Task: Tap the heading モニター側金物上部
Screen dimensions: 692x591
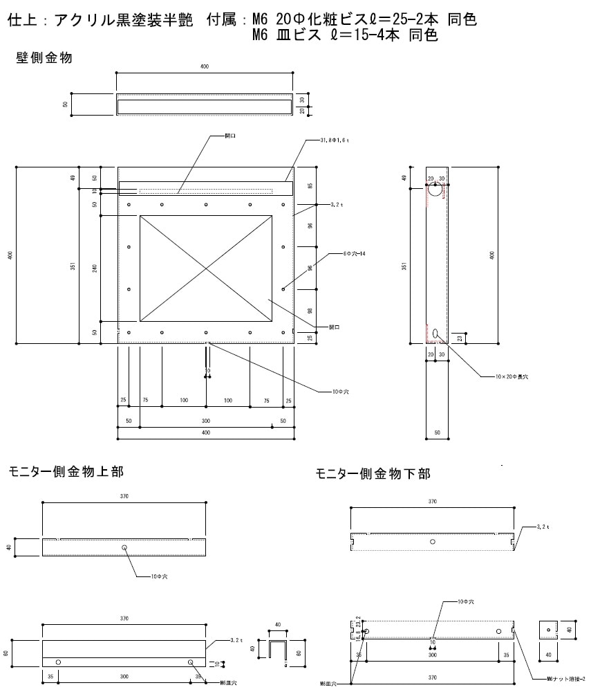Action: (66, 472)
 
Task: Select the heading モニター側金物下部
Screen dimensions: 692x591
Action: (373, 474)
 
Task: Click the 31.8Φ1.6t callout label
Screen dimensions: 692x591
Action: (335, 140)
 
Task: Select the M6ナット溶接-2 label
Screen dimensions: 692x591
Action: (565, 679)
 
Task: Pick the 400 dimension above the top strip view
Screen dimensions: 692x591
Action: (205, 66)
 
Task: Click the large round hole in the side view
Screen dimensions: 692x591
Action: (435, 188)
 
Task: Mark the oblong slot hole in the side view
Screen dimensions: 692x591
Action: (435, 334)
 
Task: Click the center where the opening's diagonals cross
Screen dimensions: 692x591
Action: (205, 268)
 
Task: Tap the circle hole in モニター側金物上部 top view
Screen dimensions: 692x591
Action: (124, 547)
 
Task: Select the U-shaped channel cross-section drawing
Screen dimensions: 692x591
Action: (278, 651)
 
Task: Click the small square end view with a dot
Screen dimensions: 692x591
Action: (547, 630)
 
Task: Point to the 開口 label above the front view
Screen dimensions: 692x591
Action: (230, 136)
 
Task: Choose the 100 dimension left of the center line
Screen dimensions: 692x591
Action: (183, 401)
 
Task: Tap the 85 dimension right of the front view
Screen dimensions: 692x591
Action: (311, 185)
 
